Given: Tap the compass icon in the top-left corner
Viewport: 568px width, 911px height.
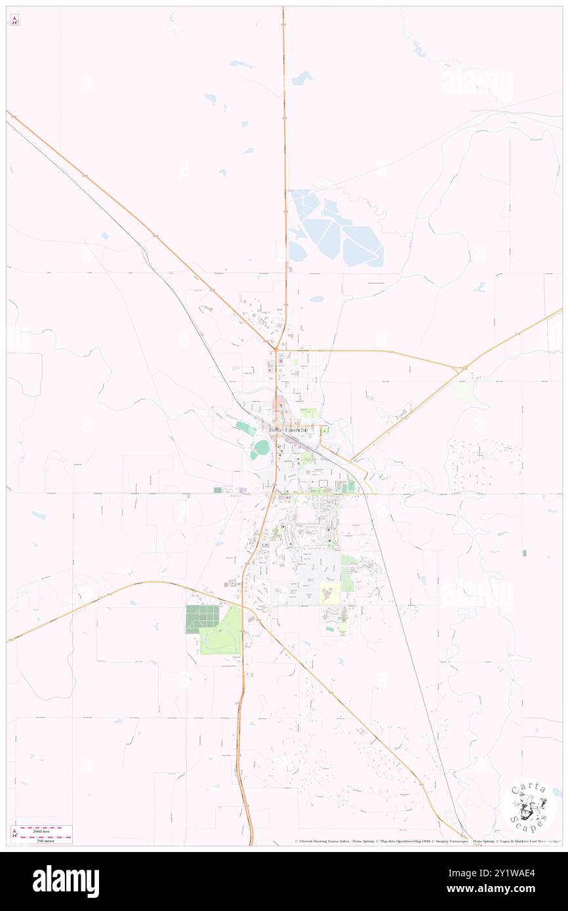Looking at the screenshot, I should (14, 20).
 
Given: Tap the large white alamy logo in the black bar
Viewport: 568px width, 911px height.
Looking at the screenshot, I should (66, 882).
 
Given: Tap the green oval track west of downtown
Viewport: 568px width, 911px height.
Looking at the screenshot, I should (262, 448).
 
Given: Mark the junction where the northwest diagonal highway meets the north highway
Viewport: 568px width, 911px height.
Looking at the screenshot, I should (277, 347).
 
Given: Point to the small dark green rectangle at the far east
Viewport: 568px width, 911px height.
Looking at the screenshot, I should (524, 553).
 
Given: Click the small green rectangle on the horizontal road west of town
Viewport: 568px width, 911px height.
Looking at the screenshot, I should (218, 490).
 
